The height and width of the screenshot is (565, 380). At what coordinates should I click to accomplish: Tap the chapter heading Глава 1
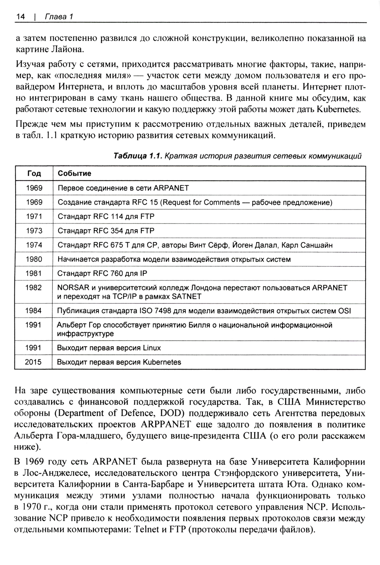59,17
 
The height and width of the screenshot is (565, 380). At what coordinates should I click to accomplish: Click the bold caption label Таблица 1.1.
138,156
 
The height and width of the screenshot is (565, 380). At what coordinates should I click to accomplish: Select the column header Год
34,173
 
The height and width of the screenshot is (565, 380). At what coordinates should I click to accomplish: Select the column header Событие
74,173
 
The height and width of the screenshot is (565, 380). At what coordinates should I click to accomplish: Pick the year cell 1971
34,216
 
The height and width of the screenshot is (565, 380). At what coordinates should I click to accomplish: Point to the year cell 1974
34,245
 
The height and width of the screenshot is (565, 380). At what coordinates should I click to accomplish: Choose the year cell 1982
34,288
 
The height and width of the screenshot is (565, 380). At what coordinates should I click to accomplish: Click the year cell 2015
33,362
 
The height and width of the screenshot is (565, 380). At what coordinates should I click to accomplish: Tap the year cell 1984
33,311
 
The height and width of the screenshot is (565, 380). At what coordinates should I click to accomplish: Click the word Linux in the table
152,348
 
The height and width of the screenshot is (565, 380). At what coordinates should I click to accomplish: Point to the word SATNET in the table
187,296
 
